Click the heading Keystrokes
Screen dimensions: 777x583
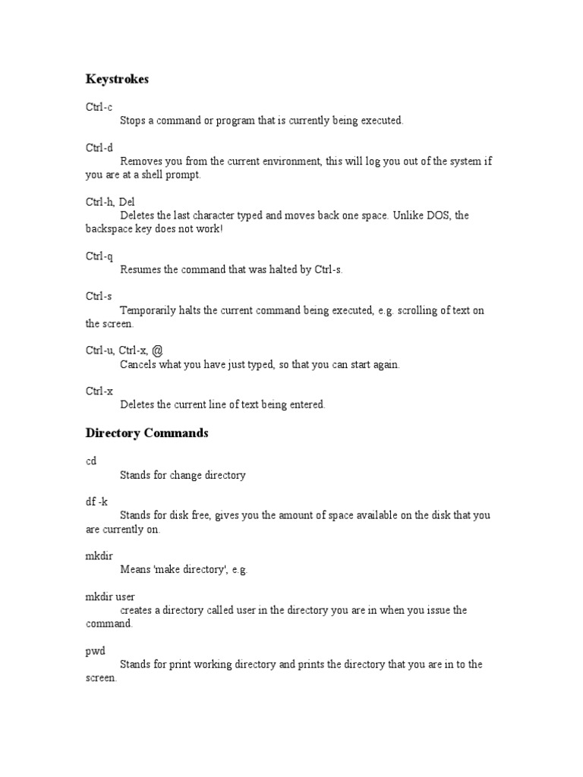(x=117, y=79)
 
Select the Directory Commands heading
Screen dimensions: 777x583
(x=147, y=433)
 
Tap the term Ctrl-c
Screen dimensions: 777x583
(x=99, y=107)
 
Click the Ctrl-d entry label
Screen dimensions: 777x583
(x=99, y=148)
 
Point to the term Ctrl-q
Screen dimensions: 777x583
(x=99, y=256)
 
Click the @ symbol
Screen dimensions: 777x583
(x=157, y=350)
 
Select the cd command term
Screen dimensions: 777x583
(x=91, y=461)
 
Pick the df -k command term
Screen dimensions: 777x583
(x=96, y=502)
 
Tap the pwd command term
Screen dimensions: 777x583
(x=95, y=650)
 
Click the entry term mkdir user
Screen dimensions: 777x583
(x=110, y=596)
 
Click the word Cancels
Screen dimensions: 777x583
(x=139, y=364)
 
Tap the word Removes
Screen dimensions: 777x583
(x=140, y=162)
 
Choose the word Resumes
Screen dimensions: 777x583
(x=140, y=269)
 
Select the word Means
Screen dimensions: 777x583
(x=135, y=570)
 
